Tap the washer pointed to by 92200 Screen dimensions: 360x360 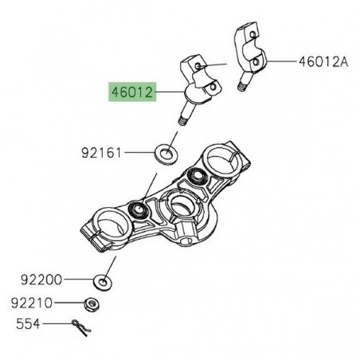(x=104, y=281)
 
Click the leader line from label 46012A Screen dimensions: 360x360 (x=282, y=61)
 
